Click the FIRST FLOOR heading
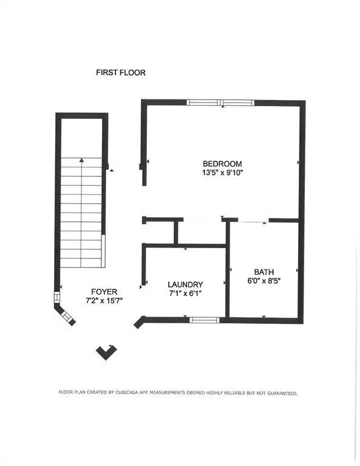[x=121, y=73]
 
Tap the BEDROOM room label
[x=222, y=164]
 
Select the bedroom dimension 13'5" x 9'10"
[x=223, y=173]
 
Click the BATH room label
[x=264, y=272]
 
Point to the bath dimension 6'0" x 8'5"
[x=264, y=281]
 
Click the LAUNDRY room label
[x=185, y=285]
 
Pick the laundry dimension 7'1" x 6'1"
[x=185, y=293]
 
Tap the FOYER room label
[x=104, y=291]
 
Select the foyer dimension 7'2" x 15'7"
[x=104, y=301]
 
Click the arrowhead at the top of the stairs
[x=81, y=160]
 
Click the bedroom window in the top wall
[x=220, y=103]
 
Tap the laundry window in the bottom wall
[x=205, y=320]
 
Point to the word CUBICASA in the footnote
[x=127, y=393]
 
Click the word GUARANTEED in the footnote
[x=282, y=393]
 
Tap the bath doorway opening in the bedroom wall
[x=253, y=221]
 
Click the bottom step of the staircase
[x=81, y=263]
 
